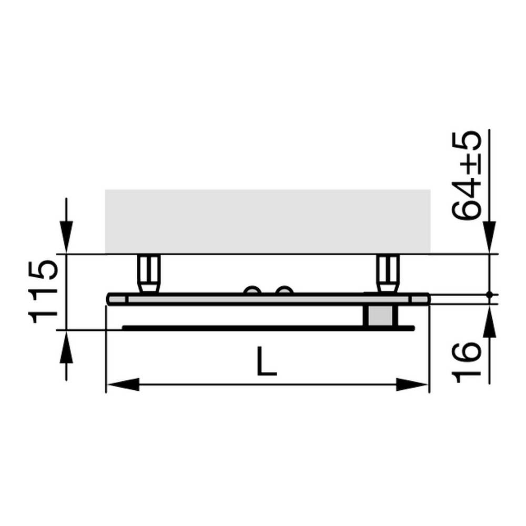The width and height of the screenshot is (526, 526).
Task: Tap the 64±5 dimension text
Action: (x=466, y=175)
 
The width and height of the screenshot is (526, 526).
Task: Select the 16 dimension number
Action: (x=467, y=362)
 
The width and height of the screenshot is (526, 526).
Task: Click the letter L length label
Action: (x=267, y=361)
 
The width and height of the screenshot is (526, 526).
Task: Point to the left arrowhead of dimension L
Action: (x=123, y=385)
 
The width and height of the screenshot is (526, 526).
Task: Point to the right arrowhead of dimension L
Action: (x=412, y=385)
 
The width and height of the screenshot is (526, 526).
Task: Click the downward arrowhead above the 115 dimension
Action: (x=66, y=237)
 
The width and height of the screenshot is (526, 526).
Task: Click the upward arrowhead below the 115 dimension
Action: (x=66, y=347)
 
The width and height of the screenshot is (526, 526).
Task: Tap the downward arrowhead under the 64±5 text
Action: (x=489, y=237)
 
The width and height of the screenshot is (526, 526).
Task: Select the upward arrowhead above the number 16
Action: (x=489, y=321)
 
